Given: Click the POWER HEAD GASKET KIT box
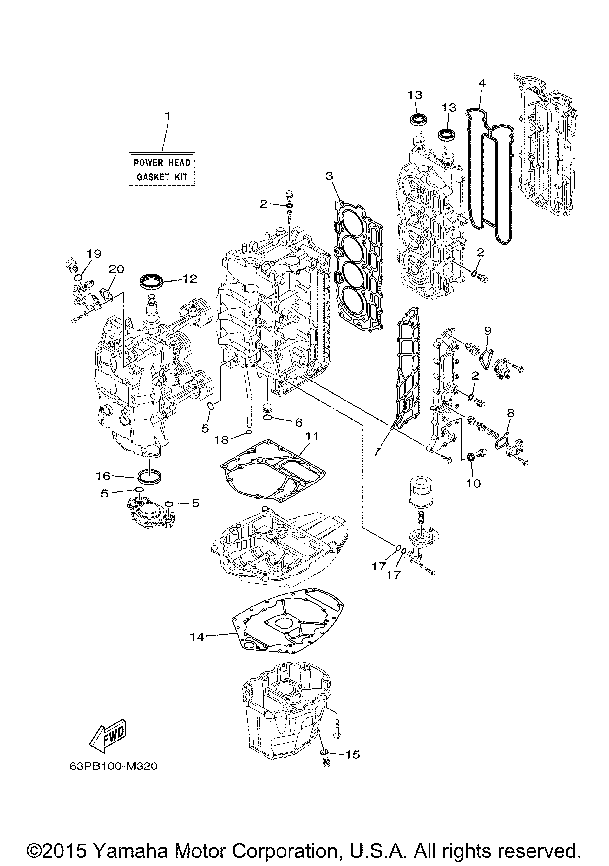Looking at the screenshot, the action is click(162, 169).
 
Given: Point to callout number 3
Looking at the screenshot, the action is click(330, 176).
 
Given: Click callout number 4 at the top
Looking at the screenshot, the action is click(482, 83).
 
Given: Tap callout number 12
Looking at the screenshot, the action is click(190, 279).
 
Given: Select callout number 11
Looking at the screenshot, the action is click(312, 436).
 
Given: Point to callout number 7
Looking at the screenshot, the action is click(377, 451).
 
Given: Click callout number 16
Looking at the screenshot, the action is click(103, 476).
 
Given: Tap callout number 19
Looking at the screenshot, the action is click(95, 253).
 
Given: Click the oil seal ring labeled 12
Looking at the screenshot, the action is click(152, 282).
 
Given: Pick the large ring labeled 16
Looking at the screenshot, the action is click(149, 476).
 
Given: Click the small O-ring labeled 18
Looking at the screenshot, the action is click(249, 432).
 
